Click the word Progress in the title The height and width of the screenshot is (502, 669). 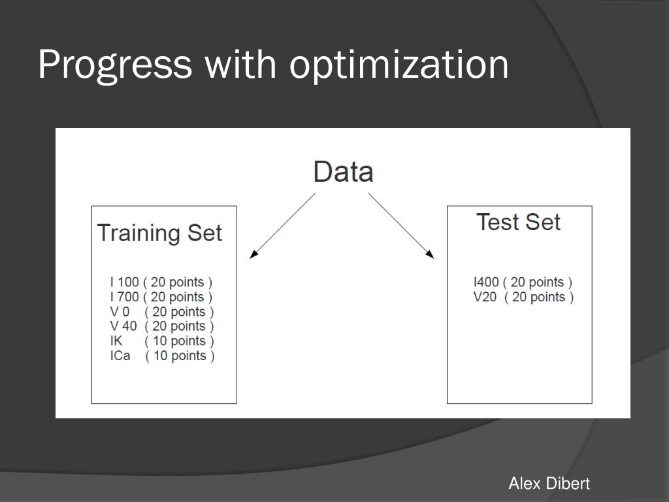pos(115,65)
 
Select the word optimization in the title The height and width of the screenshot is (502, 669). pos(399,65)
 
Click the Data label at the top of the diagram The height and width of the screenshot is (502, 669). pos(344,172)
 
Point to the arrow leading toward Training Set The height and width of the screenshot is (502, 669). pos(282,226)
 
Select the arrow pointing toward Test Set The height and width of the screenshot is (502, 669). pos(401,226)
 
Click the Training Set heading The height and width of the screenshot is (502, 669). pos(159,233)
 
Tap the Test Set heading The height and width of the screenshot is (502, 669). pos(518,222)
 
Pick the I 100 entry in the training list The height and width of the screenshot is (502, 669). pos(124,282)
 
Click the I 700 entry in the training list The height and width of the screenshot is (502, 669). pos(124,297)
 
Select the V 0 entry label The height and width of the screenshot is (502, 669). pos(120,312)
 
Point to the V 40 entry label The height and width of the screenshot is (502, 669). pos(123,326)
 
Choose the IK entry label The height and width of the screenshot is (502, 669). pos(116,341)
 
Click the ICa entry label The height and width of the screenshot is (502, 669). pos(120,356)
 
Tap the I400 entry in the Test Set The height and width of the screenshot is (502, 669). pos(486,282)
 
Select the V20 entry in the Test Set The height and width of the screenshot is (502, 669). pos(485,297)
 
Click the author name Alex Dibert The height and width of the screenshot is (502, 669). pos(549,484)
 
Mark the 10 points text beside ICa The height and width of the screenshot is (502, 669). pos(180,356)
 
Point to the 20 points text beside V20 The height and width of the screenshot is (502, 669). pos(539,297)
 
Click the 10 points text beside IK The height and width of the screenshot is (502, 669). pos(179,341)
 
